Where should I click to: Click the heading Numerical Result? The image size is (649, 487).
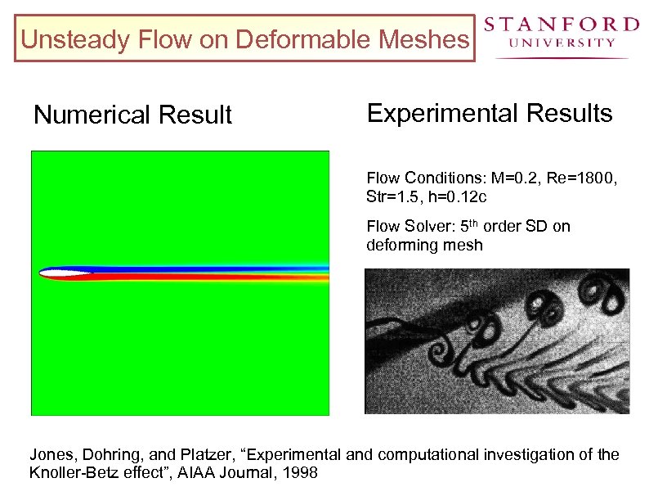(x=132, y=115)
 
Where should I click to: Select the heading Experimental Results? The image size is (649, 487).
(x=490, y=114)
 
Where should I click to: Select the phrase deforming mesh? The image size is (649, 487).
(x=424, y=245)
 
